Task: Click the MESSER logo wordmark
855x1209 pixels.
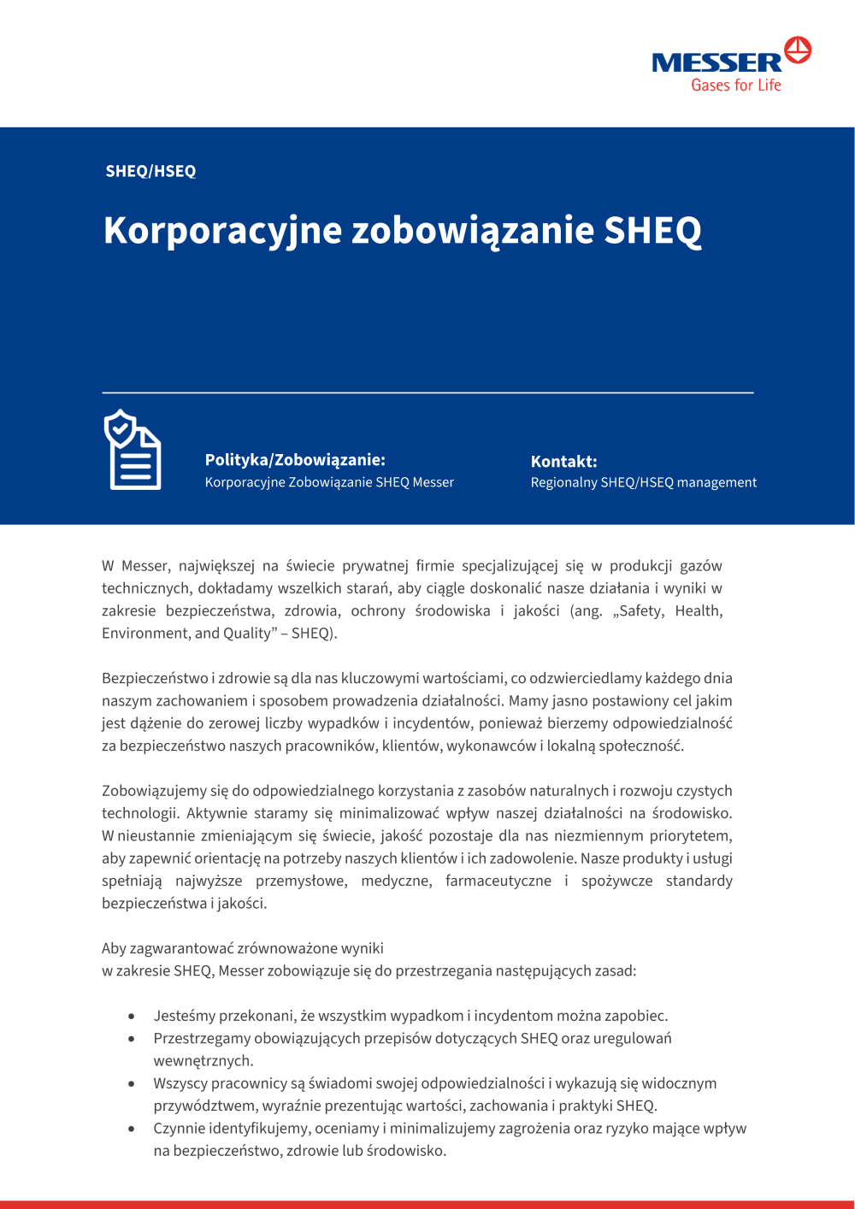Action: pyautogui.click(x=716, y=62)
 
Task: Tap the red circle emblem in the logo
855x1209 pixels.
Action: pyautogui.click(x=798, y=50)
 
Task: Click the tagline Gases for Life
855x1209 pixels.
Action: pyautogui.click(x=736, y=85)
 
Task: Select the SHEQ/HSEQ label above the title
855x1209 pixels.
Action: pyautogui.click(x=150, y=171)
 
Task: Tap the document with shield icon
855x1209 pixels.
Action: pyautogui.click(x=133, y=450)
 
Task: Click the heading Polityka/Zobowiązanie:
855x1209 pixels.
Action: pyautogui.click(x=295, y=460)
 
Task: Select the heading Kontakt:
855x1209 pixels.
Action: pyautogui.click(x=563, y=462)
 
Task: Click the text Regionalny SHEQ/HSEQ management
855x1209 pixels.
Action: pyautogui.click(x=643, y=482)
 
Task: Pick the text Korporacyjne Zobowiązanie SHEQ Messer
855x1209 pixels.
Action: pyautogui.click(x=329, y=482)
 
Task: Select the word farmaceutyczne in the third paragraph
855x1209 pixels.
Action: pyautogui.click(x=498, y=881)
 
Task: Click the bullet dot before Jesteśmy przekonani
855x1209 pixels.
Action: pyautogui.click(x=131, y=1017)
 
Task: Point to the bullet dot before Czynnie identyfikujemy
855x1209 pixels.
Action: pyautogui.click(x=131, y=1129)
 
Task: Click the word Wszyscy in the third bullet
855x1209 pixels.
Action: pyautogui.click(x=179, y=1083)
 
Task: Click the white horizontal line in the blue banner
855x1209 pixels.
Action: pyautogui.click(x=427, y=392)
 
